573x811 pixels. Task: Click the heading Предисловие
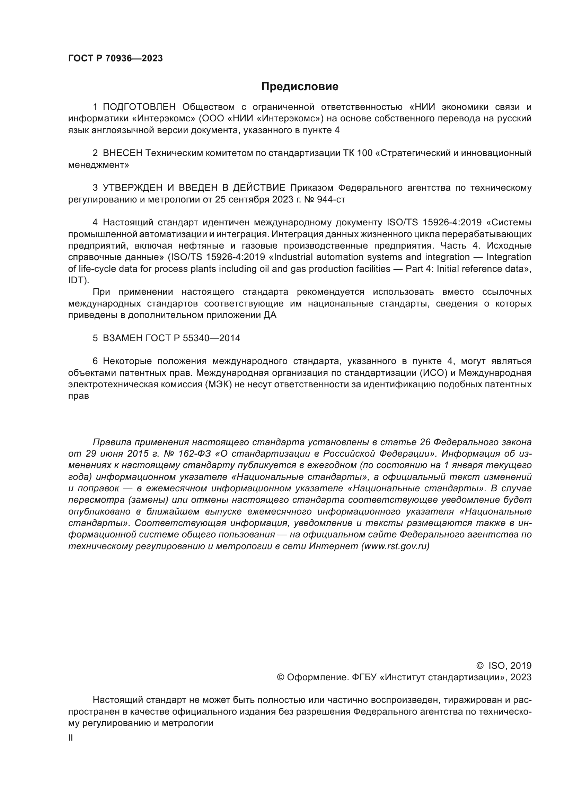pyautogui.click(x=300, y=87)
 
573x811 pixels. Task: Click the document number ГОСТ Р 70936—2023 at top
pyautogui.click(x=115, y=59)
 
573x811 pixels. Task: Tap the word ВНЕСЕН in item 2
pyautogui.click(x=122, y=153)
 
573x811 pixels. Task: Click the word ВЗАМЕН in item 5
pyautogui.click(x=122, y=338)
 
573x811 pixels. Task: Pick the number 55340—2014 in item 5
pyautogui.click(x=211, y=338)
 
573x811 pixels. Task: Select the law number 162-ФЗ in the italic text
pyautogui.click(x=195, y=454)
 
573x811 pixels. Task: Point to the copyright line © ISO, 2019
pyautogui.click(x=504, y=666)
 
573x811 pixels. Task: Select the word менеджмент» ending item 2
pyautogui.click(x=98, y=165)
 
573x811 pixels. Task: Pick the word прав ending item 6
pyautogui.click(x=78, y=396)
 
